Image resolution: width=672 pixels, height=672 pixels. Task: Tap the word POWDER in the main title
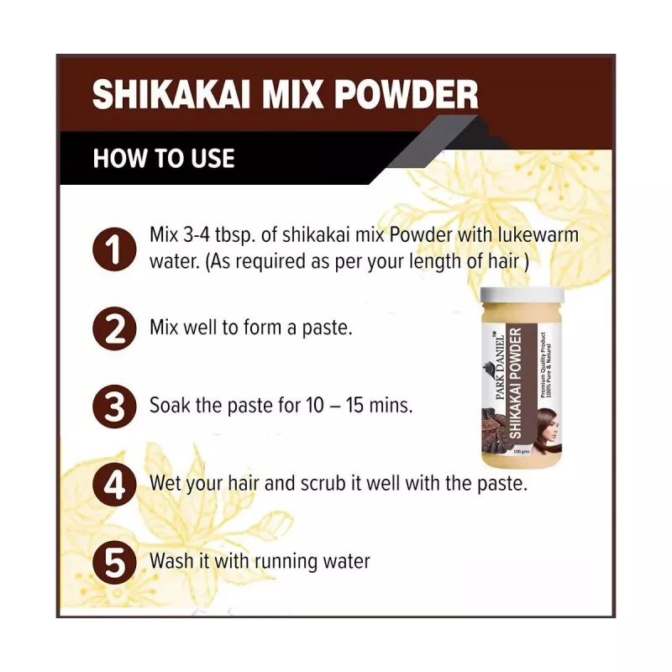[407, 94]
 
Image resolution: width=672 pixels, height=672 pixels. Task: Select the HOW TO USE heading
[164, 158]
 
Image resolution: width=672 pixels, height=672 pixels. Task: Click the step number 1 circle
[113, 248]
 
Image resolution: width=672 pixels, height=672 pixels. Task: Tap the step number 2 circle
[113, 327]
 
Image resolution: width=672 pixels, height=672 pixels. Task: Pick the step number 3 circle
[113, 406]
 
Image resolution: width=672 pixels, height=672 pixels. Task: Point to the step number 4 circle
[113, 485]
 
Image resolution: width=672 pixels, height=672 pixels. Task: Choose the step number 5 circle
[113, 562]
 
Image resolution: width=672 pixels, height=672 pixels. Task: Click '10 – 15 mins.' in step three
[359, 406]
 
